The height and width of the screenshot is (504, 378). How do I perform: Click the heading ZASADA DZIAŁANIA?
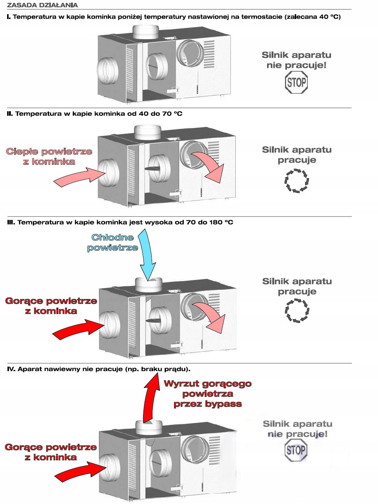point(42,5)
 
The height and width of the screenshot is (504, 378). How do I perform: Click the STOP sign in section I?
point(296,83)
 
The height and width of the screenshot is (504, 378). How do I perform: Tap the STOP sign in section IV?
point(296,450)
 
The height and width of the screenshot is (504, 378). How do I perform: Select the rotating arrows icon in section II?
point(297,181)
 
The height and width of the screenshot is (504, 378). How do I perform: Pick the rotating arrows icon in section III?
point(297,310)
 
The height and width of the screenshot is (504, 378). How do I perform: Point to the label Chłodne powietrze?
point(112,243)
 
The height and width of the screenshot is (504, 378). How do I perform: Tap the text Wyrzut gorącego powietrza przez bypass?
point(208,394)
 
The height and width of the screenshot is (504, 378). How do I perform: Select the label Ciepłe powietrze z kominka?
point(49,156)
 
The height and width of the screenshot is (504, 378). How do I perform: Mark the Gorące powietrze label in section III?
point(51,306)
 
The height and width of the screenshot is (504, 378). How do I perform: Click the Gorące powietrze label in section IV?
point(51,452)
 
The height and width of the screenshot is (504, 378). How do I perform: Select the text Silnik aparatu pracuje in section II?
point(297,155)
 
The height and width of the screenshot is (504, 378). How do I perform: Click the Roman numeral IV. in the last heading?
point(11,369)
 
